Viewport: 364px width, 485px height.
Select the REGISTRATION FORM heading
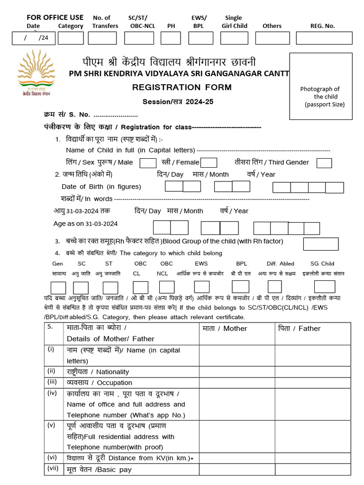coord(182,87)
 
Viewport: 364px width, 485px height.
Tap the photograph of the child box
coord(321,86)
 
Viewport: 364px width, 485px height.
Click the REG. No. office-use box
coord(324,38)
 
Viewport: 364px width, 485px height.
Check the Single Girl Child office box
coord(234,38)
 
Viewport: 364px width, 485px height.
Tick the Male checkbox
coord(148,162)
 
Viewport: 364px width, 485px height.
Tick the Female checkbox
coord(209,162)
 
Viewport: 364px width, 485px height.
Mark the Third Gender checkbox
coord(324,162)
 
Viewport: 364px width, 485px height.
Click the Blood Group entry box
coord(320,244)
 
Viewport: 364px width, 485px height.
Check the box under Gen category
coord(58,287)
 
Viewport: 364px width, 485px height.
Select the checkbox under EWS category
coord(202,287)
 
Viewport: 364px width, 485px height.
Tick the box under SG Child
coord(325,287)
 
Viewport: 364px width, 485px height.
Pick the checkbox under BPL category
coord(240,287)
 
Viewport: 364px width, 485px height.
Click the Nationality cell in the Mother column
coord(237,372)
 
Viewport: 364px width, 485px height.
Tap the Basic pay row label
coord(99,470)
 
